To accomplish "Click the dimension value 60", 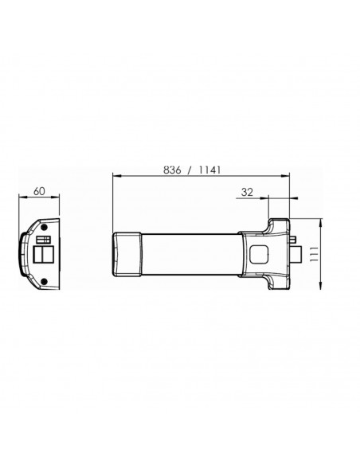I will coord(38,192).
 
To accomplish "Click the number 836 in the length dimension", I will coord(173,169).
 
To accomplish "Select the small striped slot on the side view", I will coord(45,239).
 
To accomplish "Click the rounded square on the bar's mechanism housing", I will coord(259,254).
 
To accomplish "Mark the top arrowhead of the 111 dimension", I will coord(321,221).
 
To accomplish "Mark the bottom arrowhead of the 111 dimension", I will coord(321,290).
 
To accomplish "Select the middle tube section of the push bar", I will coord(191,254).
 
